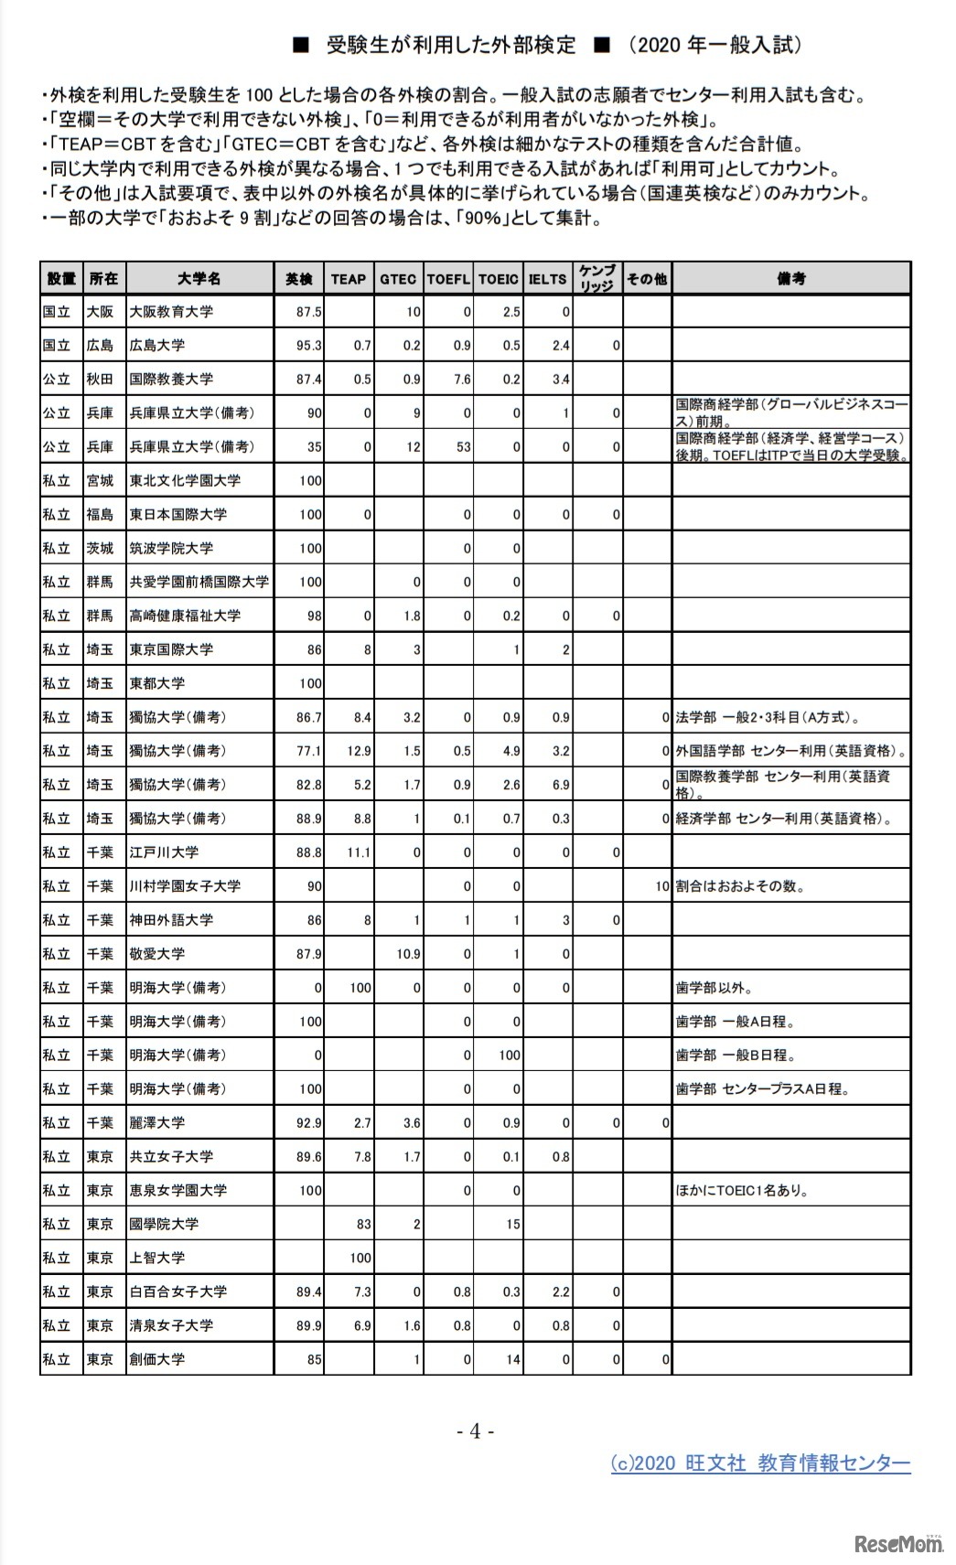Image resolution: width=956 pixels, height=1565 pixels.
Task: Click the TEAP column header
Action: (348, 279)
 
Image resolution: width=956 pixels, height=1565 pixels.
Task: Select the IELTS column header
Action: (547, 279)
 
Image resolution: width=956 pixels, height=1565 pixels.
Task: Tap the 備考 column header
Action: (791, 279)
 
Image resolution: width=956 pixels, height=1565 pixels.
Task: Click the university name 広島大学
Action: (157, 346)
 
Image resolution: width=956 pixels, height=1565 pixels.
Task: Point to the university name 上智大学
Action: (157, 1258)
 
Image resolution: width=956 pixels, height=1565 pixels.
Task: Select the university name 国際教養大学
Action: (171, 380)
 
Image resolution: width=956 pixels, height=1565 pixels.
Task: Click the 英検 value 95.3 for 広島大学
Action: (309, 346)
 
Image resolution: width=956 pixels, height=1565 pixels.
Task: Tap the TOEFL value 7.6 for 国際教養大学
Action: (462, 380)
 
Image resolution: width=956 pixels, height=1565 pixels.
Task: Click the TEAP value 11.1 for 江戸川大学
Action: (359, 852)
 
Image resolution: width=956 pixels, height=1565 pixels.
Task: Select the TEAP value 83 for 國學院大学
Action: (363, 1224)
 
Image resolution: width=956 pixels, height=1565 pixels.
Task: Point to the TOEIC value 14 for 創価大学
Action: (512, 1359)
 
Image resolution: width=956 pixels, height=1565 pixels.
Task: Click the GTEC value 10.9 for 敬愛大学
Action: (408, 954)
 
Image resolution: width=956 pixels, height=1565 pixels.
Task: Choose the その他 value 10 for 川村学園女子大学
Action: (662, 886)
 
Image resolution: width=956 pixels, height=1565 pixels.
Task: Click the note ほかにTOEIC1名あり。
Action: (742, 1191)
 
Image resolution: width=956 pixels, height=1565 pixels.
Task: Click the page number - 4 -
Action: (475, 1431)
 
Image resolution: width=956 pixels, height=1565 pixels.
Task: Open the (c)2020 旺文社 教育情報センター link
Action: (760, 1463)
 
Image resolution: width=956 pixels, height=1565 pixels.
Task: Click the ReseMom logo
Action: (897, 1545)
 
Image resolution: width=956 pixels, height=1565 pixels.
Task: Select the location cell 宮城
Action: (100, 481)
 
